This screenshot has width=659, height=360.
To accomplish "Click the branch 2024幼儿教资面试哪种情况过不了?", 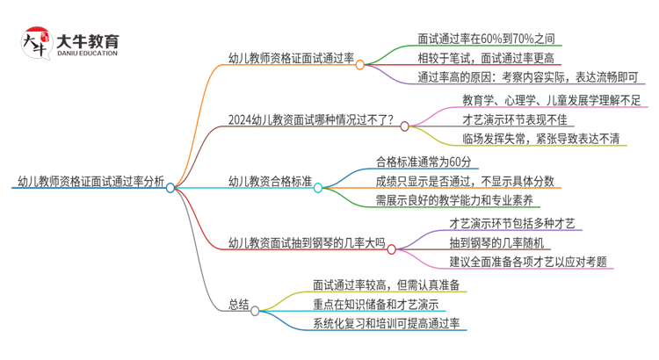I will (x=310, y=121).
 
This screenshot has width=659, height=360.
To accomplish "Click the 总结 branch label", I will (x=238, y=305).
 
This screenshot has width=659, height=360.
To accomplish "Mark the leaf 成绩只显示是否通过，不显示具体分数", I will (x=465, y=182).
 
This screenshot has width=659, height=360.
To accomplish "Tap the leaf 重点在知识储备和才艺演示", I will (x=375, y=305).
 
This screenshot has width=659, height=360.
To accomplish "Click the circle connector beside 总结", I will (x=255, y=310).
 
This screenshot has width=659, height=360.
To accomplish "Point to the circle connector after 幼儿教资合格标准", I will (x=318, y=187).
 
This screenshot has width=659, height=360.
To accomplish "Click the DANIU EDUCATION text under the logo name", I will (x=86, y=54).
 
